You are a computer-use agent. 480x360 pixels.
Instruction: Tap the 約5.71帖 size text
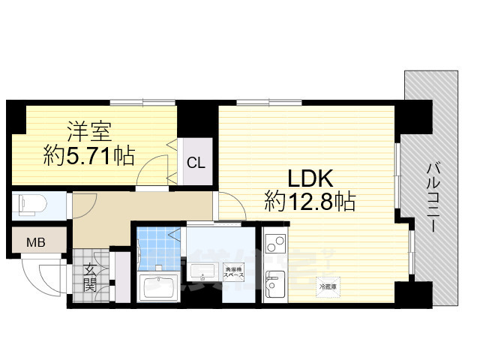[x=88, y=157]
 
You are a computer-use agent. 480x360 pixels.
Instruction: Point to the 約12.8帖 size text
[x=309, y=201]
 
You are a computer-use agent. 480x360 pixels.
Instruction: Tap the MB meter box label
[x=35, y=242]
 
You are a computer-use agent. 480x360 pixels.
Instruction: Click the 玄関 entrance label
[x=89, y=277]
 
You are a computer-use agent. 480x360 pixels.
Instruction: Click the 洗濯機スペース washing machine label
[x=229, y=270]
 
